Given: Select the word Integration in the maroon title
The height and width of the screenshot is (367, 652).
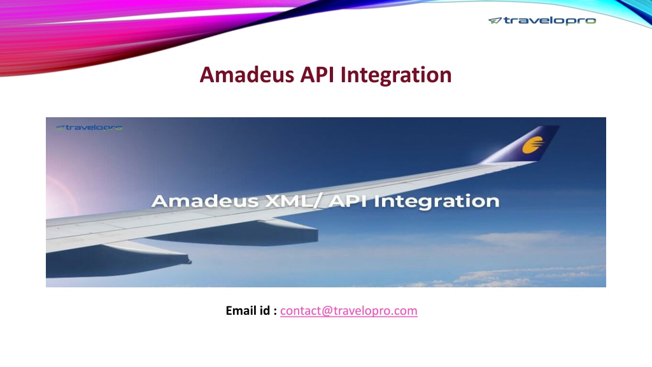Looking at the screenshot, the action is click(396, 76).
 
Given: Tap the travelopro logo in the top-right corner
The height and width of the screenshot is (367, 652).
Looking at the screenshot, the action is click(542, 20).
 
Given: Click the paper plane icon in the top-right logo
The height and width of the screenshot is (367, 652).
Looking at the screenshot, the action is click(495, 20).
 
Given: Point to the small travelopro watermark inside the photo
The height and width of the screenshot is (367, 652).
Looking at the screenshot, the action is click(89, 127).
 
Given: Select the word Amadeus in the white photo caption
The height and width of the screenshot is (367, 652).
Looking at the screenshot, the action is click(205, 201).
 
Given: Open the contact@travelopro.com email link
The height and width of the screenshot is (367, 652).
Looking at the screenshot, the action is click(348, 311).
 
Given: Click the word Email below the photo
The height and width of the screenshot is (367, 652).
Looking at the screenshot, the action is click(241, 310).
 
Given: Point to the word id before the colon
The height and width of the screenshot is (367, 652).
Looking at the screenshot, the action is click(265, 310).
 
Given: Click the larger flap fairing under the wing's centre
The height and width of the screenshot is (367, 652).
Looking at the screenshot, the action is click(233, 233).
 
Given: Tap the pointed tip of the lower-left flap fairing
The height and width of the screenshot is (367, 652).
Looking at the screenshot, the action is click(190, 262).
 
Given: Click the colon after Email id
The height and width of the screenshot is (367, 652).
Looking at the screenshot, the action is click(275, 312).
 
